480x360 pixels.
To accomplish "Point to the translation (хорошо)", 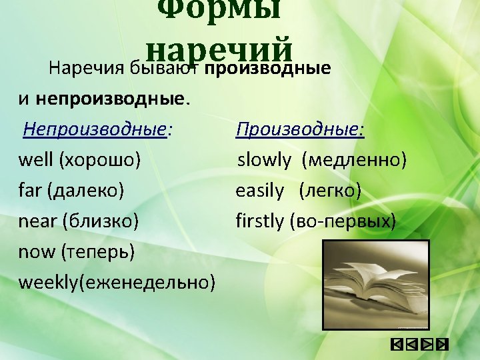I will [x=100, y=160].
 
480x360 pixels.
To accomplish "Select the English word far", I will [x=30, y=191].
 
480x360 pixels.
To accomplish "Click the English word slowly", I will [x=265, y=160].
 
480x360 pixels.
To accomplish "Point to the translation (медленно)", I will [x=354, y=160].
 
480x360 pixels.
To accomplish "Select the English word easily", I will [x=259, y=191].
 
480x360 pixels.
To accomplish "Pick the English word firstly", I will [x=259, y=221].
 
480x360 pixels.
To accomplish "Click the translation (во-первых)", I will [x=343, y=221].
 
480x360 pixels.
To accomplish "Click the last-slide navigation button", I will [x=441, y=345].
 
